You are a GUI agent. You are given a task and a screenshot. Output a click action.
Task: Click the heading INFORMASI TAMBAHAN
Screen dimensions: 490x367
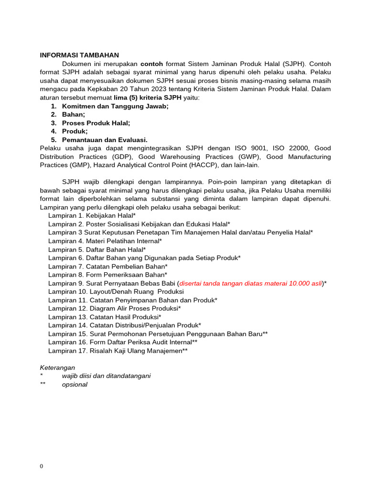79,56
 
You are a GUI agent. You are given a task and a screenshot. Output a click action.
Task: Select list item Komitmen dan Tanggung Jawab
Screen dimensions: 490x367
115,106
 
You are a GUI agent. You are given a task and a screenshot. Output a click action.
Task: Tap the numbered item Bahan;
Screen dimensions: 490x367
74,114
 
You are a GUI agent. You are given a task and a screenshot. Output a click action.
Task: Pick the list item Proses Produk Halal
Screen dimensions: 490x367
96,123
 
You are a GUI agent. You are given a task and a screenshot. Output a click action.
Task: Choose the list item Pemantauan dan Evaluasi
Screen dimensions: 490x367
105,140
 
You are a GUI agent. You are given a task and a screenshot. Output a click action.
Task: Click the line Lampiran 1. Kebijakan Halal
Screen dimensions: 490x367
92,216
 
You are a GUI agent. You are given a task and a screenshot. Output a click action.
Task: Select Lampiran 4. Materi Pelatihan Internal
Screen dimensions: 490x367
105,241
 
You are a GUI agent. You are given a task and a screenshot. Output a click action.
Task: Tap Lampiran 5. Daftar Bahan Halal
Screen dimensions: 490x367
97,249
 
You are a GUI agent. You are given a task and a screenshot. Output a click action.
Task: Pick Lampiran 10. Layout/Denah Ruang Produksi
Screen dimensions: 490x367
116,291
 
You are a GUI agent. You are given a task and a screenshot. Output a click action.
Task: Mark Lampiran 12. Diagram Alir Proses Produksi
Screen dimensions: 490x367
114,309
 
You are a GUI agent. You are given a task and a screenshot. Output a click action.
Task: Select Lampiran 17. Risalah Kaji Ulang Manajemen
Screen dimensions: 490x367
118,351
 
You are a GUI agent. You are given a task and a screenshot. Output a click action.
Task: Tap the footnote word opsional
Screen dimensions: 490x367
75,384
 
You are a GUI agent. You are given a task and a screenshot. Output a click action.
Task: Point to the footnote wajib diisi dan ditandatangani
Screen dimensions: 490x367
106,376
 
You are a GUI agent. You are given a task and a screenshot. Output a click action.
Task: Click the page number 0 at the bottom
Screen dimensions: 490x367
42,467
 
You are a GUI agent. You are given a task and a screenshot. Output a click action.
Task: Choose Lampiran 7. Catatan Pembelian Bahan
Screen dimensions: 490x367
108,266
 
